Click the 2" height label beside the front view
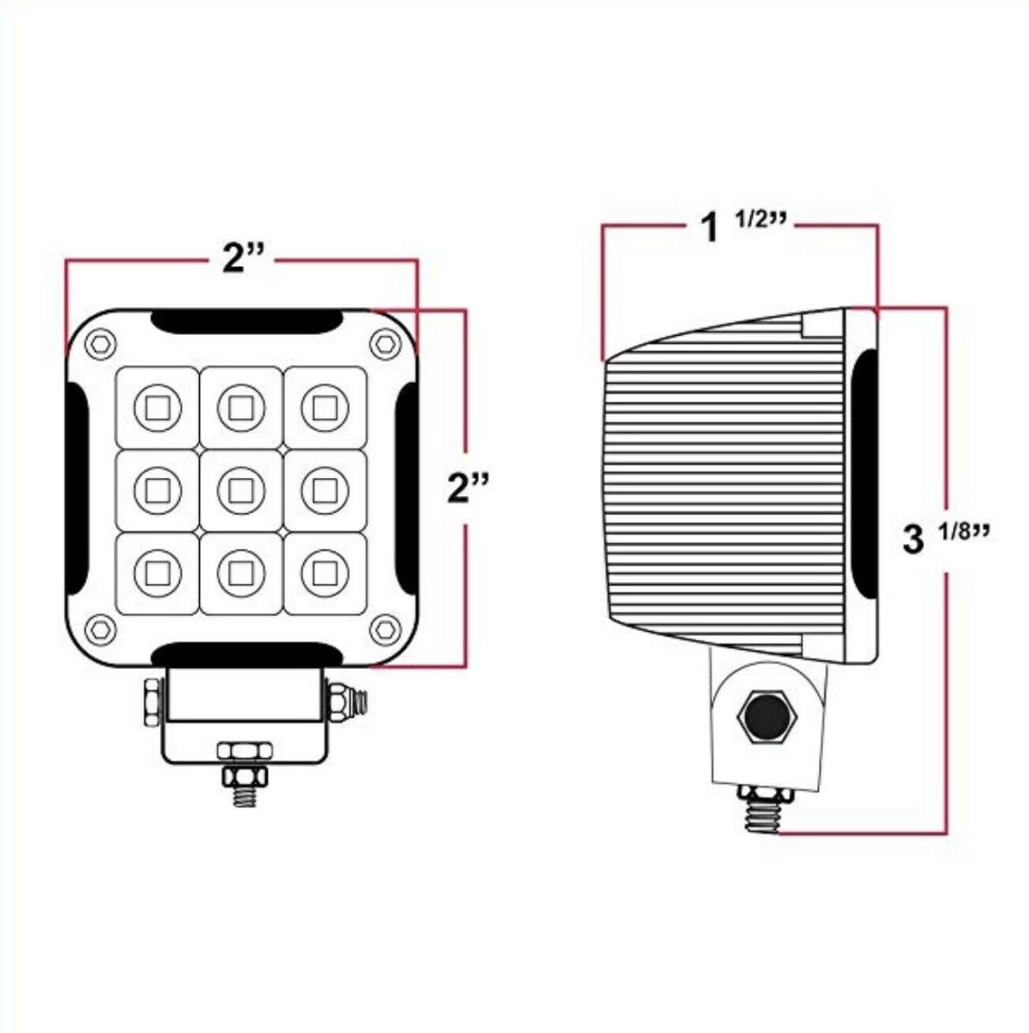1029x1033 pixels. pyautogui.click(x=468, y=488)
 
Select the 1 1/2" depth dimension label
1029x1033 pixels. pyautogui.click(x=741, y=227)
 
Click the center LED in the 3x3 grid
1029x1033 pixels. pyautogui.click(x=241, y=490)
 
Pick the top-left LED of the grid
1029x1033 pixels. pyautogui.click(x=158, y=405)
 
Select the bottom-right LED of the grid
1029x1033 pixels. pyautogui.click(x=325, y=572)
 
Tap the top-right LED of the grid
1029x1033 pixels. pyautogui.click(x=325, y=405)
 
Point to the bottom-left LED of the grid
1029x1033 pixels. pyautogui.click(x=158, y=572)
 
